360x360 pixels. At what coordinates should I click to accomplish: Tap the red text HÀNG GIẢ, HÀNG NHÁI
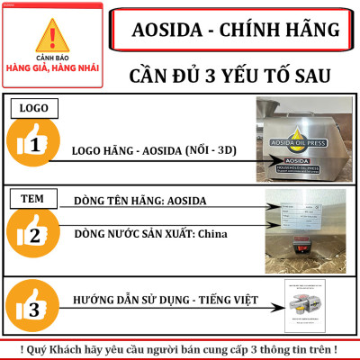pyautogui.click(x=57, y=67)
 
